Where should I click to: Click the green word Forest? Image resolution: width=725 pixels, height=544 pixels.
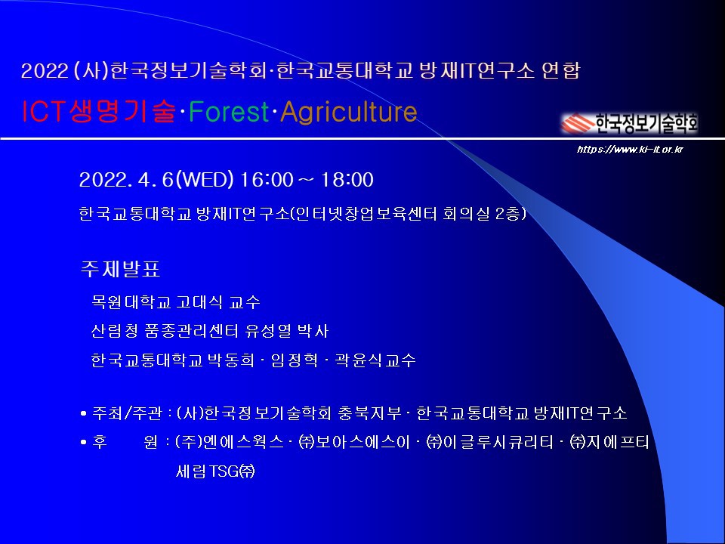click(228, 112)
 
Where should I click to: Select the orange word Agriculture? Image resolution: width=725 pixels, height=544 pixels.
click(349, 112)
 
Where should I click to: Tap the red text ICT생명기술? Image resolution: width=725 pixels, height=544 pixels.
click(99, 112)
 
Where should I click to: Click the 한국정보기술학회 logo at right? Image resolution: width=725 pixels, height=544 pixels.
click(630, 122)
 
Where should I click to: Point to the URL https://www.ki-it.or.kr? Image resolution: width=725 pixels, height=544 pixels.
click(630, 149)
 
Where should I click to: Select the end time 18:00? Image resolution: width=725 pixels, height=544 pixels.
click(347, 180)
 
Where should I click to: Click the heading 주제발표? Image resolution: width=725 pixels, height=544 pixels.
click(120, 269)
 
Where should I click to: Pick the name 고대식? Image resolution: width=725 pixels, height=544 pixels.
click(199, 302)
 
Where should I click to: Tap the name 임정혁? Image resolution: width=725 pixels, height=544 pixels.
click(295, 360)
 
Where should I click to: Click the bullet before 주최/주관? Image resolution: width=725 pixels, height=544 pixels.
click(84, 413)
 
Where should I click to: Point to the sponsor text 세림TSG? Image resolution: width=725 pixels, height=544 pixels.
click(215, 471)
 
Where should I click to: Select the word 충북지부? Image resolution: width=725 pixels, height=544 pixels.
click(370, 413)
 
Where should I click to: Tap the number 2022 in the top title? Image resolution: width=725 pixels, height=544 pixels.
click(45, 71)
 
